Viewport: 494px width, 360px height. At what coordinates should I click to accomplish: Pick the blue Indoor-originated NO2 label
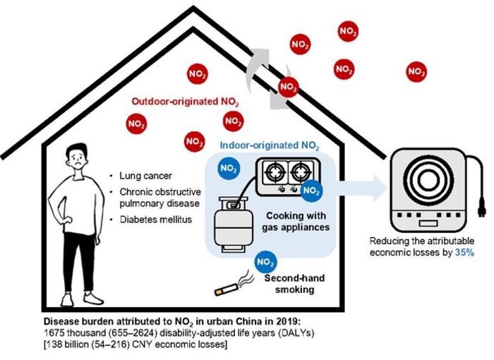point(270,147)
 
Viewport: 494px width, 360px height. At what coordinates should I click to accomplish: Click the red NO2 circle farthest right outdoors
point(416,71)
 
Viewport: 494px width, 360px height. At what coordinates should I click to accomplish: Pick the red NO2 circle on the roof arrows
point(288,88)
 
